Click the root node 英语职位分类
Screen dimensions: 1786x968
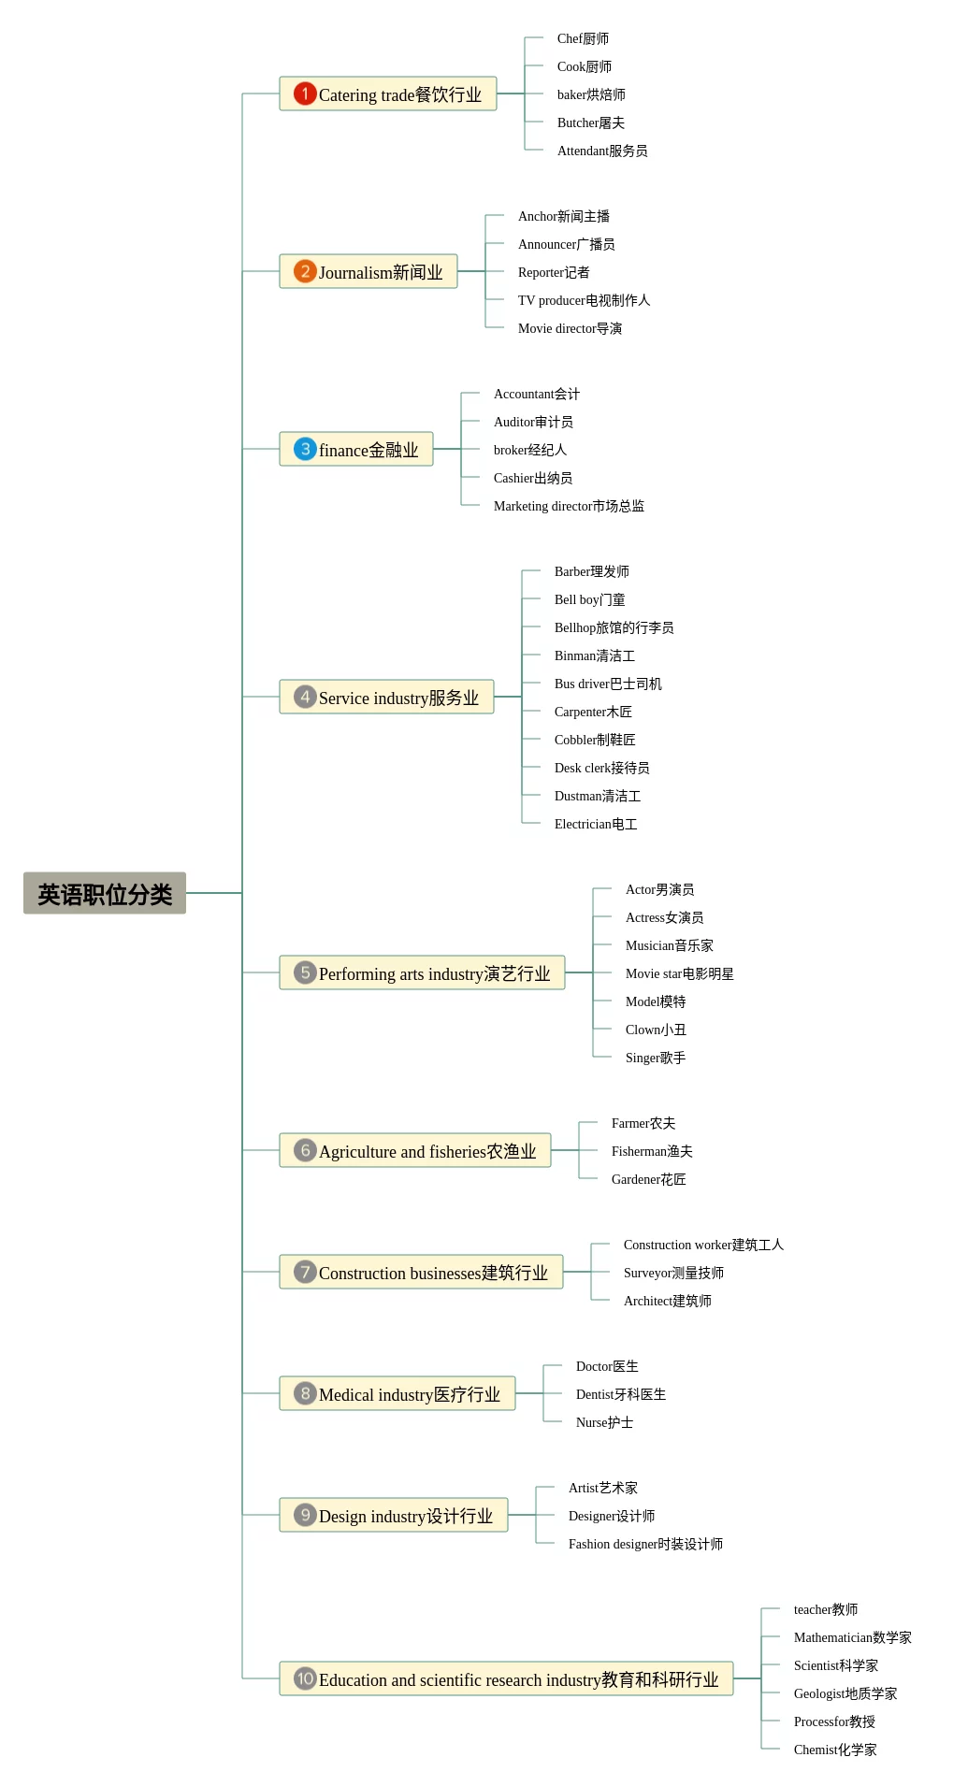(105, 894)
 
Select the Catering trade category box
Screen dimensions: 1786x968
(388, 94)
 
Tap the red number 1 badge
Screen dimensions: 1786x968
(305, 94)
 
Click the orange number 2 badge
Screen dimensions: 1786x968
(305, 271)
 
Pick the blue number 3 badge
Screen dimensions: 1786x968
(305, 449)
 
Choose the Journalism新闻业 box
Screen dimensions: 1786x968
(368, 272)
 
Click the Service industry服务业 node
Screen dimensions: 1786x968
(386, 698)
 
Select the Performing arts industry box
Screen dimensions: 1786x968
(422, 973)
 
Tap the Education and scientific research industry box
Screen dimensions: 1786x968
(506, 1679)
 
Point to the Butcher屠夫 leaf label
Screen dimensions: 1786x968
(590, 122)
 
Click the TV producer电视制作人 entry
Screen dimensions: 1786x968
(584, 300)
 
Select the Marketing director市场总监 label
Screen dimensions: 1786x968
(569, 506)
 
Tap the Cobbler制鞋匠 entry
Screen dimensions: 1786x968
(595, 740)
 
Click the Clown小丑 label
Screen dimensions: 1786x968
(656, 1030)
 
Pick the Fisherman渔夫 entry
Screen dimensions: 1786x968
(652, 1151)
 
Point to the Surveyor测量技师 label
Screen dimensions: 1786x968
(673, 1273)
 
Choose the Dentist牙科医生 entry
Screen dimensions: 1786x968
(621, 1394)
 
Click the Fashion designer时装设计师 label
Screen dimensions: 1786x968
(645, 1544)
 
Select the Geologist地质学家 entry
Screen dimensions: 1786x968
(845, 1693)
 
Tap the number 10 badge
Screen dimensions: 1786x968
(305, 1678)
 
